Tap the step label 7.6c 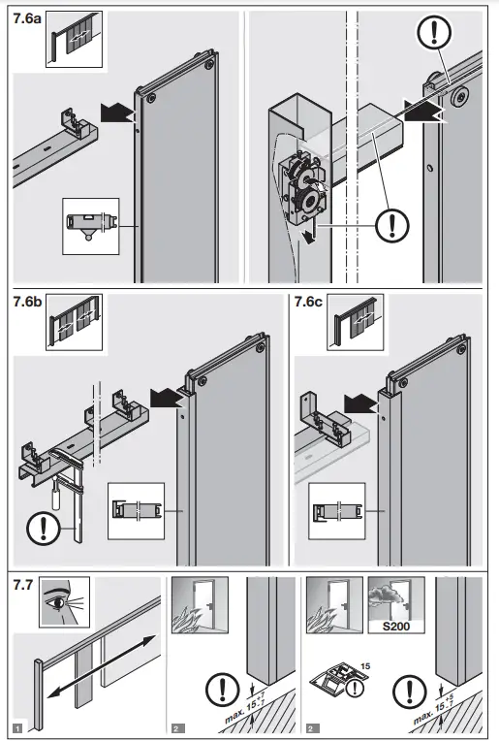[x=311, y=303]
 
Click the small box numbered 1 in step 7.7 [x=16, y=726]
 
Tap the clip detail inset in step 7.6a [x=91, y=224]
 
